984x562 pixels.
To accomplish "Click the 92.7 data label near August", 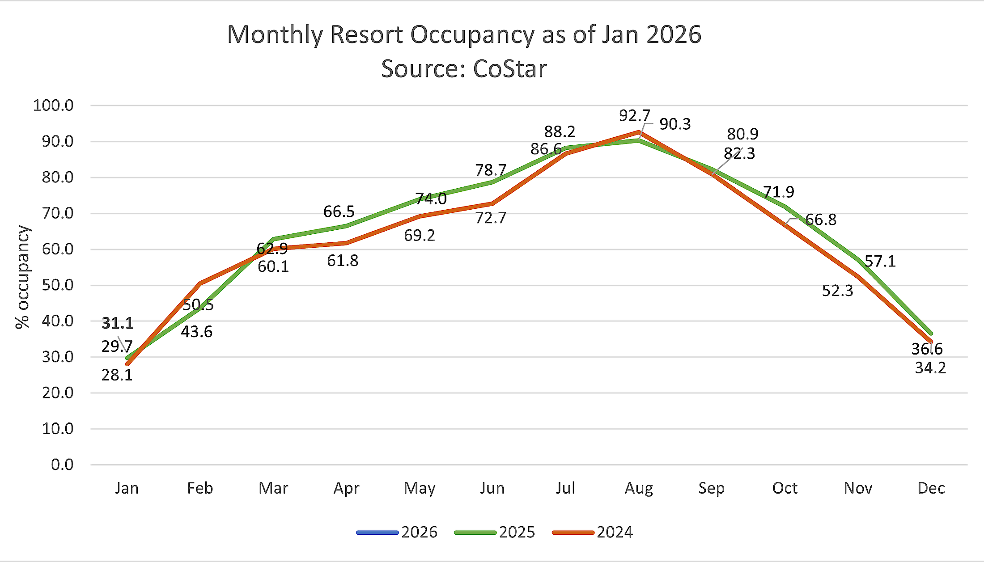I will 634,116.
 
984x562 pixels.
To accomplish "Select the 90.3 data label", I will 675,124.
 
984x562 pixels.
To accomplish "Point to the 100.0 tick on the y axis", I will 53,106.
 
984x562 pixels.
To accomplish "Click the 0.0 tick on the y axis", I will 62,465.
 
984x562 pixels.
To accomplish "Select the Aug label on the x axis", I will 639,488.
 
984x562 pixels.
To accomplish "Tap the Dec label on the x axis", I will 931,488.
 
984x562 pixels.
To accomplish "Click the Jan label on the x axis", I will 127,488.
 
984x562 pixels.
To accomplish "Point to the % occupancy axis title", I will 22,277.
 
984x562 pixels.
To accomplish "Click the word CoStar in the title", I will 510,69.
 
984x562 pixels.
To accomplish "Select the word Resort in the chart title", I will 366,34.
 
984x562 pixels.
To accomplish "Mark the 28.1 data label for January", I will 117,375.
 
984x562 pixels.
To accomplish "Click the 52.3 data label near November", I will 837,291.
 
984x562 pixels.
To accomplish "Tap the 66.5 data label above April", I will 339,211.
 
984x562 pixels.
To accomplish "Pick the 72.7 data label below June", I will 490,218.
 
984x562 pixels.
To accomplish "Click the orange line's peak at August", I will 639,132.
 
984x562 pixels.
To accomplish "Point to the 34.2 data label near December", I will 930,368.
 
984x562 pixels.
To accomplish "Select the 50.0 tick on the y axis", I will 58,285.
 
